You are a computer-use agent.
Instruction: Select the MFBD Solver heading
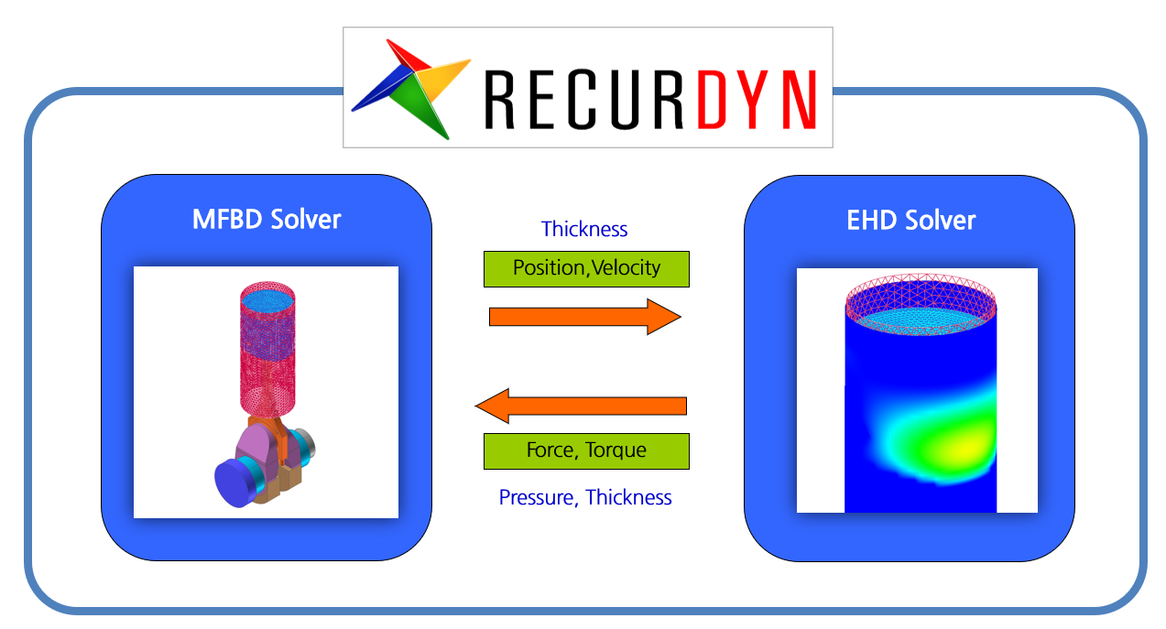click(266, 220)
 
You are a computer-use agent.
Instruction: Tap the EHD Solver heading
click(911, 220)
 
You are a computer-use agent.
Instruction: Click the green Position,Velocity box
click(586, 268)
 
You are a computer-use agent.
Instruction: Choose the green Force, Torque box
click(586, 450)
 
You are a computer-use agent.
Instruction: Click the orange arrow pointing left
click(581, 406)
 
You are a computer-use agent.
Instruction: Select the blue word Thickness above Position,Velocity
click(584, 229)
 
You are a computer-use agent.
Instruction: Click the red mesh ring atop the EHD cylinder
click(921, 295)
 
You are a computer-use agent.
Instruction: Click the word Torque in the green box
click(616, 450)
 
